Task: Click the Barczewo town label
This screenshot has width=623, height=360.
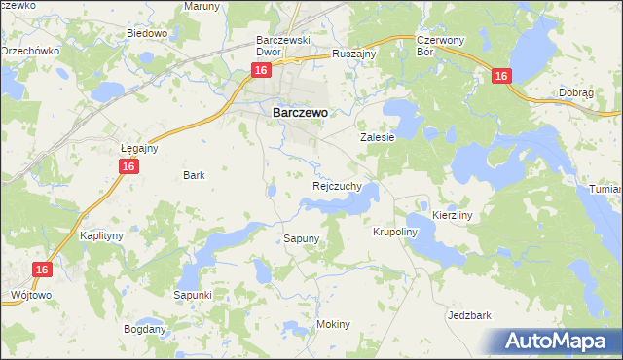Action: [299, 112]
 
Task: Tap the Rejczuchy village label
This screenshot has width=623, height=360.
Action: [338, 185]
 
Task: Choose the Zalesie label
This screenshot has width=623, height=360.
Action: [378, 137]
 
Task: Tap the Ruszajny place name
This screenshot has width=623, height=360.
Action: [353, 54]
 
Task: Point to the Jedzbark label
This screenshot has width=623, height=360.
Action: [469, 315]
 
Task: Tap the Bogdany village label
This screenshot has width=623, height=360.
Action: [145, 329]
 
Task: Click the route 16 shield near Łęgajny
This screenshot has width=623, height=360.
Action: [129, 167]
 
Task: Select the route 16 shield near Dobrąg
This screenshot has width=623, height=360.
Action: [501, 76]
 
